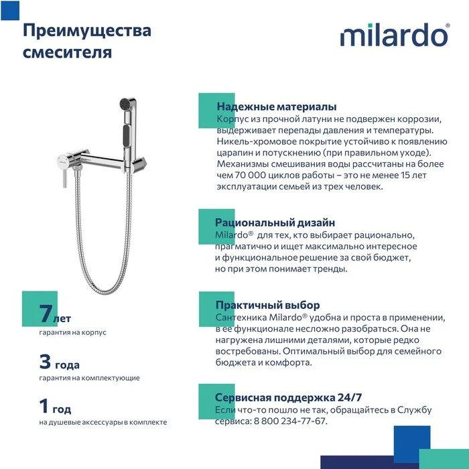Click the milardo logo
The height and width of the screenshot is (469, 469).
[395, 36]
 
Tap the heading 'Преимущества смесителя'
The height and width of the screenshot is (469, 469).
[87, 41]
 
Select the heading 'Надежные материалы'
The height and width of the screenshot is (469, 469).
[276, 107]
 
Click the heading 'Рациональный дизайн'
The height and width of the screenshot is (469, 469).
[275, 222]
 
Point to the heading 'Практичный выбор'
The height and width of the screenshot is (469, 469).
[267, 305]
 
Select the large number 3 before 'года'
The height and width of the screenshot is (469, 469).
[46, 362]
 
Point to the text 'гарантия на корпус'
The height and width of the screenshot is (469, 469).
[72, 332]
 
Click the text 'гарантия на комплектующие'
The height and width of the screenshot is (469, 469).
[89, 378]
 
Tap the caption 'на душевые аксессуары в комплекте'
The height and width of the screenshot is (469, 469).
[103, 422]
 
